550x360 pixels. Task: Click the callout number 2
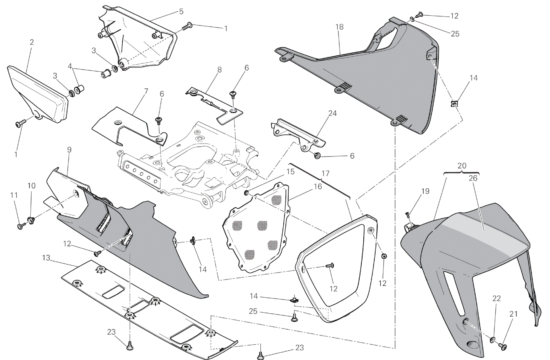32,42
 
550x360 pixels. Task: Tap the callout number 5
181,12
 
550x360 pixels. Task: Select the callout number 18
339,27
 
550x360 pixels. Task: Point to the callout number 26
473,178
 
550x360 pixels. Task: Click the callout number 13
46,258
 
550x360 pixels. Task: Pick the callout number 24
332,113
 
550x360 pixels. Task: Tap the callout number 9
69,150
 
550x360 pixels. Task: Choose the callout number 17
325,173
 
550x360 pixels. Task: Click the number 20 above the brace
462,166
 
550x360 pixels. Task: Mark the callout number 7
146,91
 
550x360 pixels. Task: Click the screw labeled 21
502,346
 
